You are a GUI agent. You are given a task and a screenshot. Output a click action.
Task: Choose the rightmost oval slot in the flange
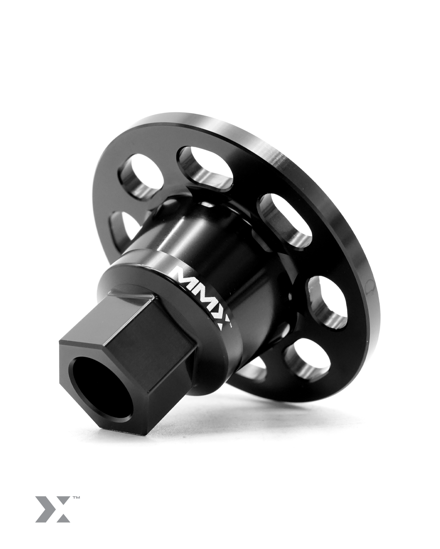pos(326,299)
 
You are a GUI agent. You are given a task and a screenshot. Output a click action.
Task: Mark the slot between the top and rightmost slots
pos(285,218)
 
